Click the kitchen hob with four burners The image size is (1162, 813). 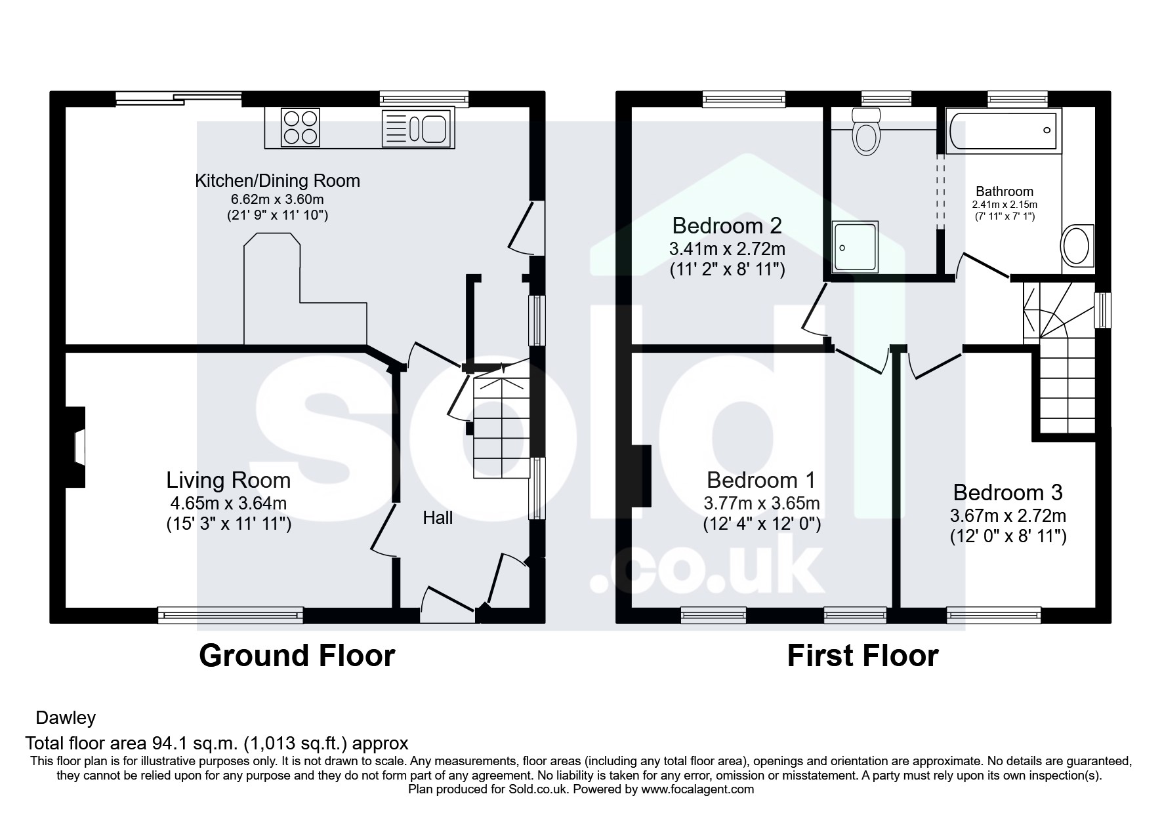tap(301, 127)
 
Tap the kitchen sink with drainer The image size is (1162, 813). tap(415, 127)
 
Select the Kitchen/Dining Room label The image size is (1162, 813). tap(278, 180)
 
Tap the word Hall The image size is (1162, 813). tap(438, 518)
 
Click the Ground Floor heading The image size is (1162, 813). tap(297, 655)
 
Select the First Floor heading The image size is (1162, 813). tap(863, 655)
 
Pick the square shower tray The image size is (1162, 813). tap(854, 247)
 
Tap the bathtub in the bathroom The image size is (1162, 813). tap(1003, 131)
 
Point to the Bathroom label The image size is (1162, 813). tap(1005, 191)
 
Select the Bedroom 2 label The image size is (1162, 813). tap(727, 226)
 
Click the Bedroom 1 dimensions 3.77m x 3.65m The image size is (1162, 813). tap(762, 504)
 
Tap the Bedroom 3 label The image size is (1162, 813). tap(1008, 492)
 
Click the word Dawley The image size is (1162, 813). tap(66, 717)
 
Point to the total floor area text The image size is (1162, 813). tap(217, 743)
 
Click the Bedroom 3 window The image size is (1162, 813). tap(994, 615)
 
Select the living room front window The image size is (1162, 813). tap(230, 615)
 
